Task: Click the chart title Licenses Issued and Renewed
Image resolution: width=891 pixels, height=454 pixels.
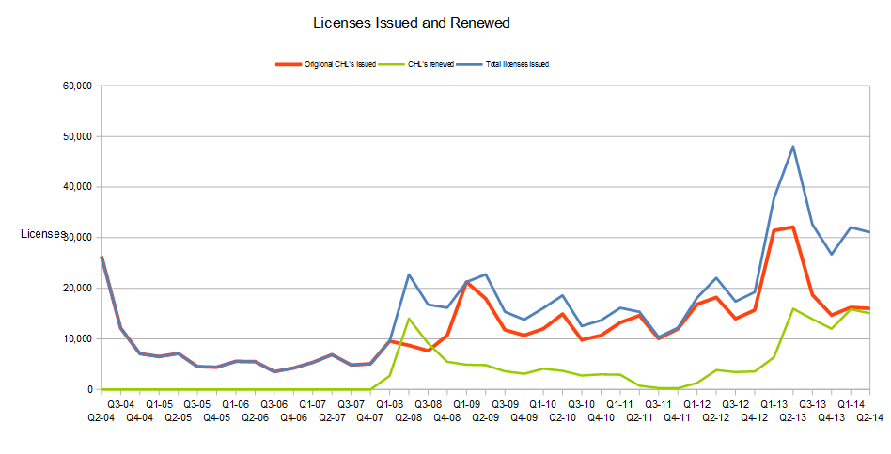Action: tap(411, 23)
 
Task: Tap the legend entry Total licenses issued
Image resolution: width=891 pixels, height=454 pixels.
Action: tap(516, 64)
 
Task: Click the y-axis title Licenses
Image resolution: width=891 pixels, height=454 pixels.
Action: tap(42, 234)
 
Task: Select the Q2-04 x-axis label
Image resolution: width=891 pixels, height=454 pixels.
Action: tap(101, 416)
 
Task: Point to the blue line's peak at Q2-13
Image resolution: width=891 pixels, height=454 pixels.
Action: tap(793, 146)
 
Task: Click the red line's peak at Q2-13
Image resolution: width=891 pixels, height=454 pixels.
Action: tap(793, 227)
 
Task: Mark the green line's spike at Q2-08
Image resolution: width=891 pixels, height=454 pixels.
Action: tap(409, 319)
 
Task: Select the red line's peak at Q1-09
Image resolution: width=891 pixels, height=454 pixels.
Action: tap(466, 282)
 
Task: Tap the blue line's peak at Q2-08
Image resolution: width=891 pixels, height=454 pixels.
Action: tap(409, 274)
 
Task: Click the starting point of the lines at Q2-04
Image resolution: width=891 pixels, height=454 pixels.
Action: tap(102, 257)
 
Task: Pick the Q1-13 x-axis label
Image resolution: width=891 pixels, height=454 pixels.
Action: tap(774, 403)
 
